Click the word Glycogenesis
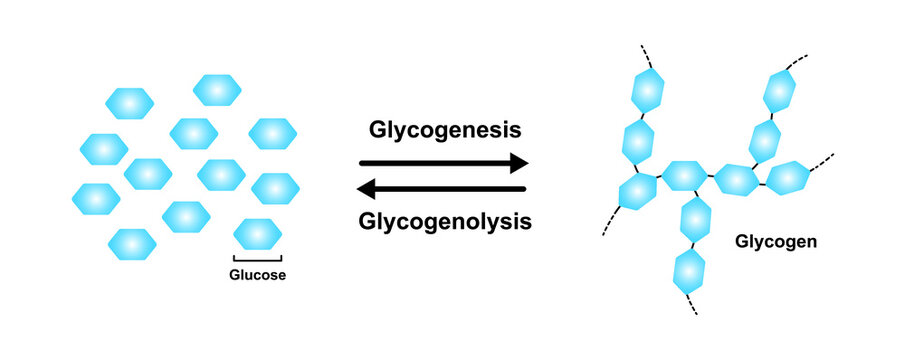[442, 129]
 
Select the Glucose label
[257, 276]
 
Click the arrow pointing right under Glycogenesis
[442, 162]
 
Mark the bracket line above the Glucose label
[257, 259]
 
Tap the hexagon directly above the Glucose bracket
[257, 234]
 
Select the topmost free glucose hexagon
[217, 90]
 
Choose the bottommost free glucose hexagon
[132, 243]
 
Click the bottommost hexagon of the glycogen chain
[689, 270]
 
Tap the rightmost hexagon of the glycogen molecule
[786, 177]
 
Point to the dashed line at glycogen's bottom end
[693, 304]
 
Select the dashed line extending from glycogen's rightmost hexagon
[822, 159]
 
